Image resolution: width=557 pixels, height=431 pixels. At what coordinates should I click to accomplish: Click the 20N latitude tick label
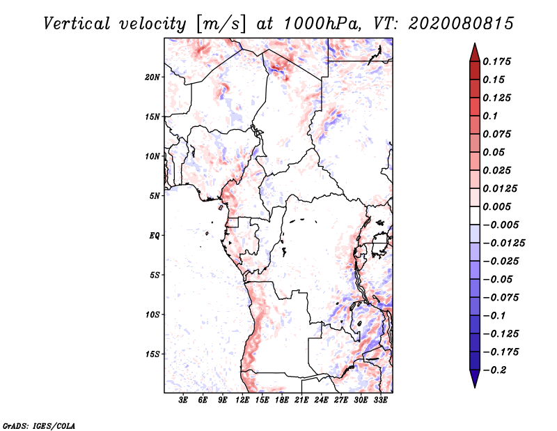(x=152, y=77)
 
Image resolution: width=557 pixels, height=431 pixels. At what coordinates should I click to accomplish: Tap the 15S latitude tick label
(x=152, y=354)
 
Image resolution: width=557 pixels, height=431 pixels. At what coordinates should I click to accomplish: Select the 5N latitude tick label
(x=155, y=196)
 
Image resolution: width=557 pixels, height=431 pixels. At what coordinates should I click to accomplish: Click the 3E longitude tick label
(x=184, y=401)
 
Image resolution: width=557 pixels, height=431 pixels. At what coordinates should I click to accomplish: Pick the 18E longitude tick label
(x=282, y=401)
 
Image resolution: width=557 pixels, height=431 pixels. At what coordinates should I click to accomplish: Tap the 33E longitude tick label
(x=380, y=401)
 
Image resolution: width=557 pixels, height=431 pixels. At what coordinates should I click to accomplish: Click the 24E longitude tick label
(x=321, y=401)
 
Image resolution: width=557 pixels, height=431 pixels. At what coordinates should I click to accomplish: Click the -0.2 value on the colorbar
(x=498, y=370)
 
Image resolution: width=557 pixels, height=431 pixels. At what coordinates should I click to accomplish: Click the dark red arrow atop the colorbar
(x=474, y=52)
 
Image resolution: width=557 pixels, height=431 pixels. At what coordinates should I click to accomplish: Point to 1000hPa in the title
(x=321, y=23)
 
